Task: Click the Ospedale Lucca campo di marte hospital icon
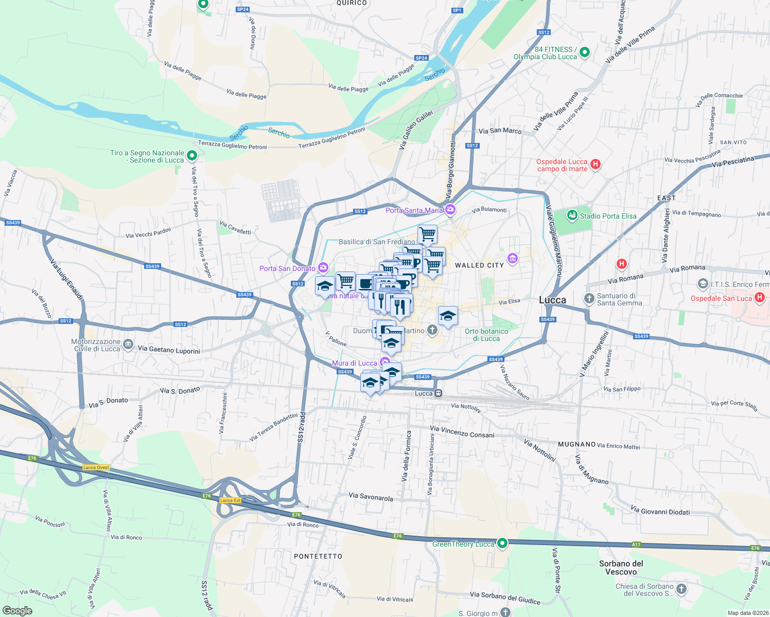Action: [596, 165]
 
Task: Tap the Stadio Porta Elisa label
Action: [608, 216]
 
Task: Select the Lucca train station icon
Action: [438, 393]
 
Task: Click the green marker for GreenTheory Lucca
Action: [503, 543]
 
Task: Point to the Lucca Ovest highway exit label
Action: [96, 467]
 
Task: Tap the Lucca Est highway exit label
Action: [230, 500]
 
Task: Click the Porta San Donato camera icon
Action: [323, 267]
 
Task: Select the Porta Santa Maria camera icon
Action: [450, 209]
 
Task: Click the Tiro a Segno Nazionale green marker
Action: [192, 155]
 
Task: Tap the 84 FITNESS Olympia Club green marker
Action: [584, 52]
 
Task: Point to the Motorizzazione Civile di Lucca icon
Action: [128, 344]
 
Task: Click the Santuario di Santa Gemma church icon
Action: [589, 298]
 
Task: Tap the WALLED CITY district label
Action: [479, 265]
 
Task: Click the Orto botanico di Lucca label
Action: [486, 335]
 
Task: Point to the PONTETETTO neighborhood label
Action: [318, 556]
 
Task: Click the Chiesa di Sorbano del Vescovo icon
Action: [681, 589]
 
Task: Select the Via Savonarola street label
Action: [371, 497]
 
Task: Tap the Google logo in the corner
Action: [17, 611]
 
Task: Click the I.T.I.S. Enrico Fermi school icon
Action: [703, 284]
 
